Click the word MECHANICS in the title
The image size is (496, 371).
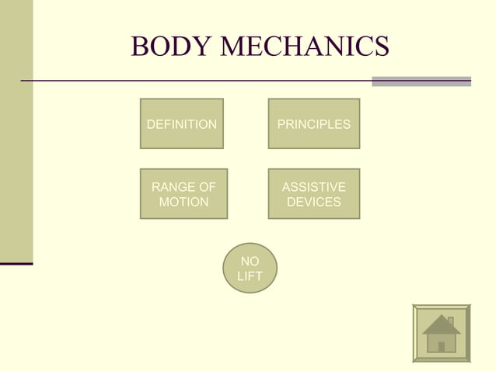(x=305, y=47)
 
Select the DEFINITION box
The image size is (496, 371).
(x=182, y=123)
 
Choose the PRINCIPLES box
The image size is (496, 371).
(x=314, y=123)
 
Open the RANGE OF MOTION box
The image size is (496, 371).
(x=183, y=194)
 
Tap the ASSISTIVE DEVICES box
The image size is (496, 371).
(x=314, y=194)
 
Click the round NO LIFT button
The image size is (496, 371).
(x=250, y=269)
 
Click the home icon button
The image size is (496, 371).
(x=442, y=333)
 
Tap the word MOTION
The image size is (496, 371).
(x=183, y=202)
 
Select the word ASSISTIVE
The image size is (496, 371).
(x=314, y=187)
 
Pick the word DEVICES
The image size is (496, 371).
(x=314, y=202)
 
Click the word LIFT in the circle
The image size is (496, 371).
(x=250, y=276)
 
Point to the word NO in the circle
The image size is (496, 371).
(x=250, y=262)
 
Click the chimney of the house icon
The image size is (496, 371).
(x=450, y=321)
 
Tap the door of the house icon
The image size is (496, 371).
(x=442, y=347)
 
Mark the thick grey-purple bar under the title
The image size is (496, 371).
(x=421, y=81)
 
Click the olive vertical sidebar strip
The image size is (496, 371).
(x=16, y=132)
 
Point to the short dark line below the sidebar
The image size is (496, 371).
(x=16, y=264)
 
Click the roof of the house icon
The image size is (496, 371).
(x=440, y=326)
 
